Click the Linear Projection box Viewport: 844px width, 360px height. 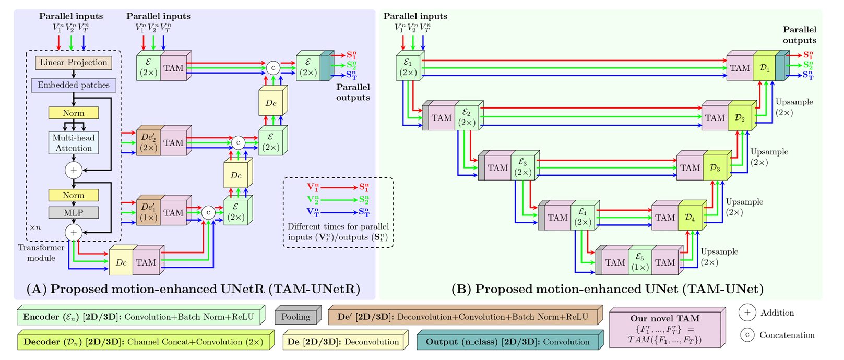pos(74,63)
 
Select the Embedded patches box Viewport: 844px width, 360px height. pos(74,85)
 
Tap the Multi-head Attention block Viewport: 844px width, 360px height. pos(74,143)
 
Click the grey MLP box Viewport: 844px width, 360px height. pos(74,213)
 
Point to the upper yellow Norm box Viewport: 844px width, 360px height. pos(74,113)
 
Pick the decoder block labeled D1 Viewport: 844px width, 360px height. pos(765,68)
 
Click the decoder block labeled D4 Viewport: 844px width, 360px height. pos(690,218)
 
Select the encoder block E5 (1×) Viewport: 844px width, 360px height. pos(640,262)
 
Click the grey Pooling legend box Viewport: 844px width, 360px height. pos(296,317)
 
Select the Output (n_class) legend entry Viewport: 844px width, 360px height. pos(507,342)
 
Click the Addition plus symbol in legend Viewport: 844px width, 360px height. pos(747,313)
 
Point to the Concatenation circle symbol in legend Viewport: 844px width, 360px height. pos(747,335)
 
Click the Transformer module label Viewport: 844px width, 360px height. pos(41,253)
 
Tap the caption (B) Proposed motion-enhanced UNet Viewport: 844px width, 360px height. pos(607,289)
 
